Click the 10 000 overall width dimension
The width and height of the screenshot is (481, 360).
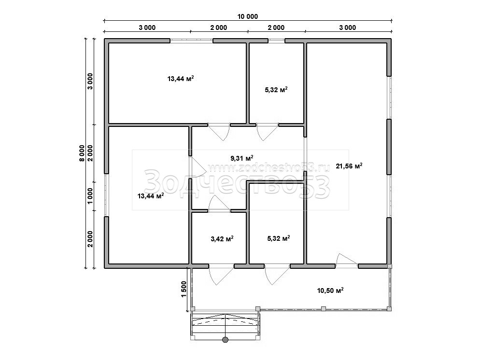[x=248, y=16]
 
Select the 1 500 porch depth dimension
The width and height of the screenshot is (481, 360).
[x=184, y=289]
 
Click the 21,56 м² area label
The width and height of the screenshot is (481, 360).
[x=349, y=166]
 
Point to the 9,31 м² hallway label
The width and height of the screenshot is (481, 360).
[x=242, y=158]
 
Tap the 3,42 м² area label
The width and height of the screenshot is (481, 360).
[x=222, y=238]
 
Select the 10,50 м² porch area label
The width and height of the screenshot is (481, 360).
[x=330, y=290]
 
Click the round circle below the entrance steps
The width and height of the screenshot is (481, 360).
[x=225, y=339]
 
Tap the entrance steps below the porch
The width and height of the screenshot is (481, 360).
[x=226, y=325]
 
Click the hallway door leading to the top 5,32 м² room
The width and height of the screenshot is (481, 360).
[x=268, y=132]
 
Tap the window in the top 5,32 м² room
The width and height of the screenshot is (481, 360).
[x=276, y=40]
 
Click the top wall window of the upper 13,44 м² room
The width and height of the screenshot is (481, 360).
[x=191, y=40]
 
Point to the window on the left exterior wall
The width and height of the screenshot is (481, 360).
[x=106, y=195]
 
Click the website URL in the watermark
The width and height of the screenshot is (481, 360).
[x=269, y=167]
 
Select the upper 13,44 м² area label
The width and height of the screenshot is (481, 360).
[x=181, y=79]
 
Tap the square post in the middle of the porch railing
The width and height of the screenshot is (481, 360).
[x=324, y=308]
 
